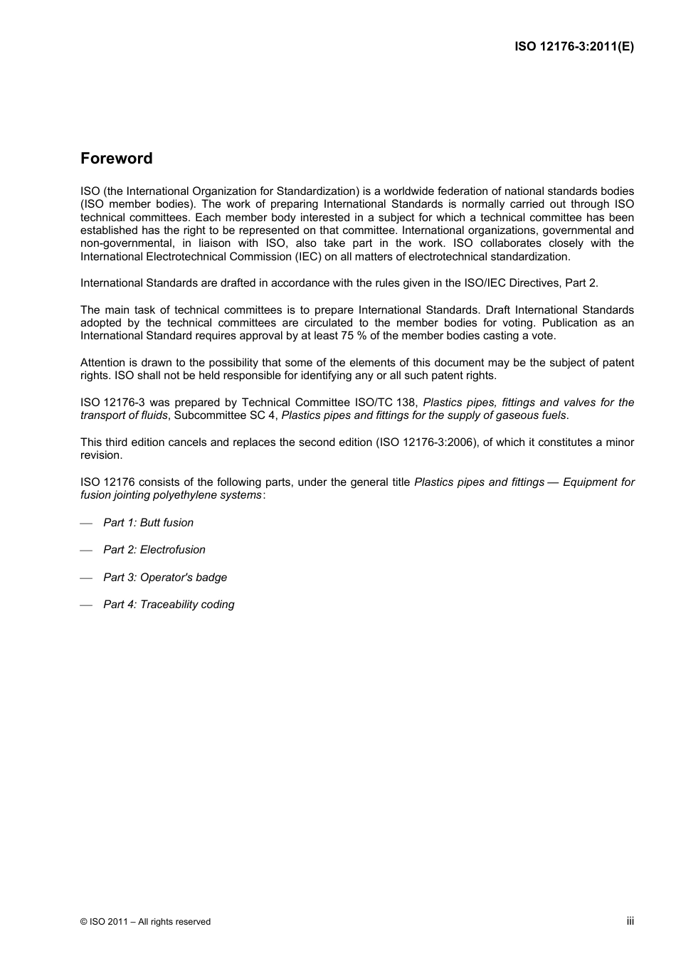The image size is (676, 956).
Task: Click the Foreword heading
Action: click(116, 159)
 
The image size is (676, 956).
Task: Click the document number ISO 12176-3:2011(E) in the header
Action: click(574, 47)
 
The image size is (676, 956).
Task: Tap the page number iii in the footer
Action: click(630, 920)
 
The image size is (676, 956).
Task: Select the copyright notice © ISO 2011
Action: click(145, 922)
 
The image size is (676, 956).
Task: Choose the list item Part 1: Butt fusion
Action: click(148, 523)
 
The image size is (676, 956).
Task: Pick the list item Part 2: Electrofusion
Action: click(154, 550)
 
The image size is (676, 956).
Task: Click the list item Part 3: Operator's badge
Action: click(164, 578)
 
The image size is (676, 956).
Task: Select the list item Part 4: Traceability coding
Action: click(169, 605)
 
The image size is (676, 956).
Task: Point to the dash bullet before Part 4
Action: click(87, 605)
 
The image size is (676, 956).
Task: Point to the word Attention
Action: click(102, 363)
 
